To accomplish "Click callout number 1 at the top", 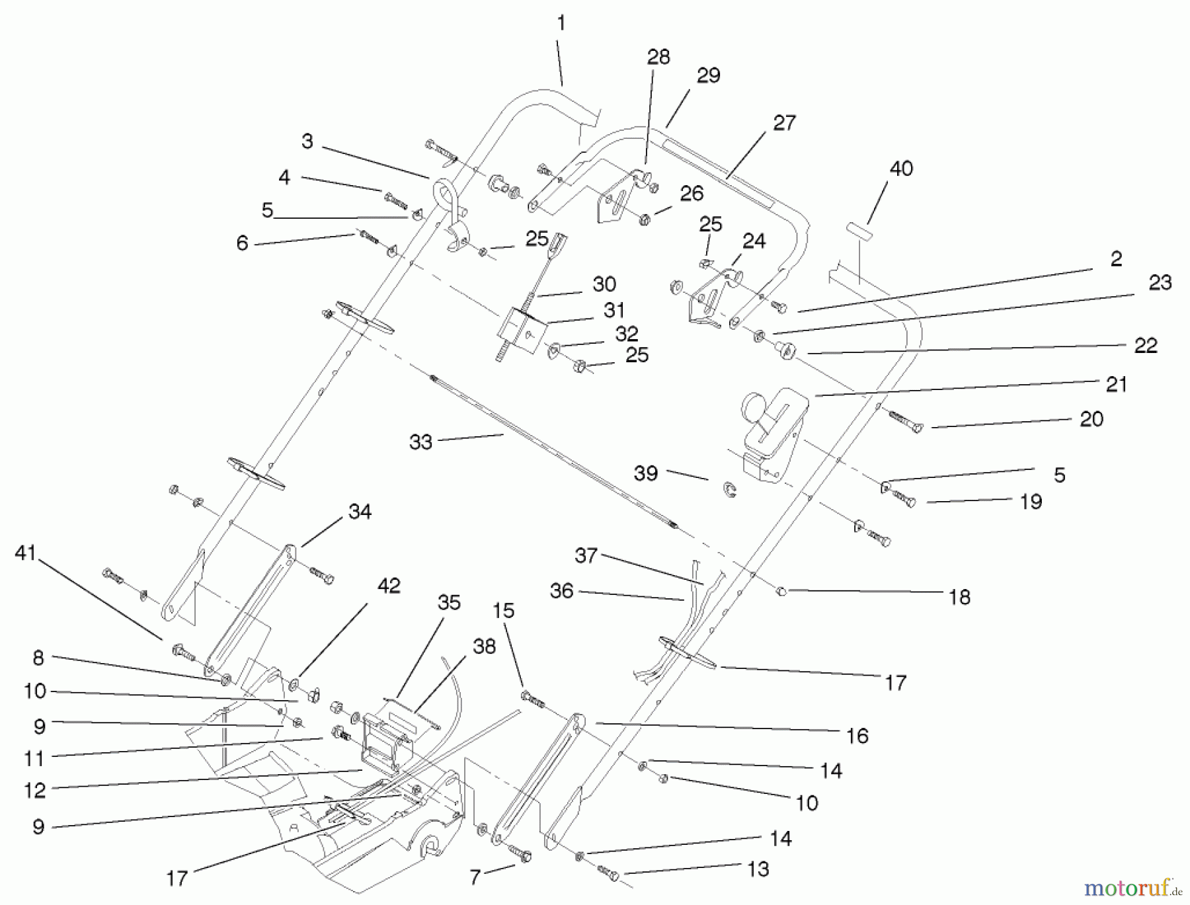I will (x=561, y=24).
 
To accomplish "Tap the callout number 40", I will (x=901, y=169).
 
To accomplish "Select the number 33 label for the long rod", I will (x=420, y=442).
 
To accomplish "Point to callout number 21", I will (x=1116, y=384).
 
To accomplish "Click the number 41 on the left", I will (x=25, y=553).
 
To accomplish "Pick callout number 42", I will (x=389, y=586).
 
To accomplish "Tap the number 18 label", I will (x=959, y=597).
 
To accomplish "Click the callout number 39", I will (x=646, y=473).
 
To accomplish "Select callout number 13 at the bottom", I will (x=758, y=869).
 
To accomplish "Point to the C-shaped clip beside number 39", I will (x=730, y=490).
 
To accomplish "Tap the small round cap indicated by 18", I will (x=780, y=590).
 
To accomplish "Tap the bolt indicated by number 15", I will (x=533, y=699).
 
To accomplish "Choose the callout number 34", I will (x=360, y=511).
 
